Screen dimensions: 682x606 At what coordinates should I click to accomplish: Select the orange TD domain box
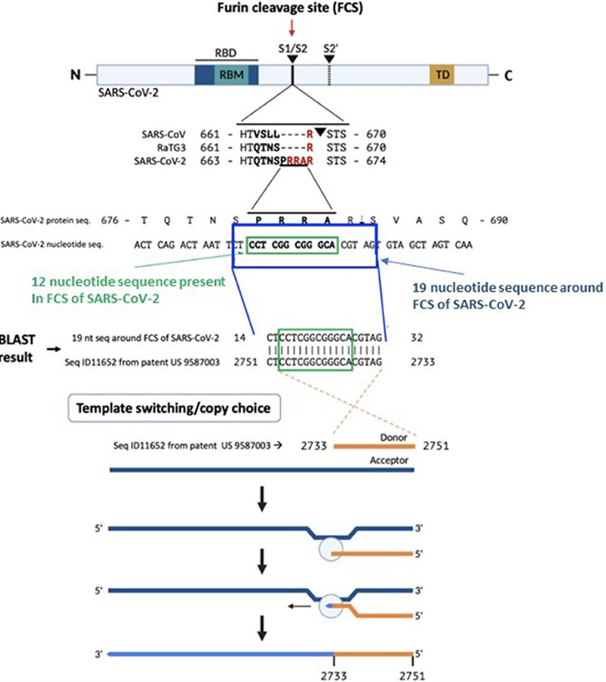pos(443,76)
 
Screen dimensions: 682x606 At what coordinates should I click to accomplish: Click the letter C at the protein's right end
pos(508,76)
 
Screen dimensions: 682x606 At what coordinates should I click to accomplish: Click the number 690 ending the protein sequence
pos(497,221)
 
